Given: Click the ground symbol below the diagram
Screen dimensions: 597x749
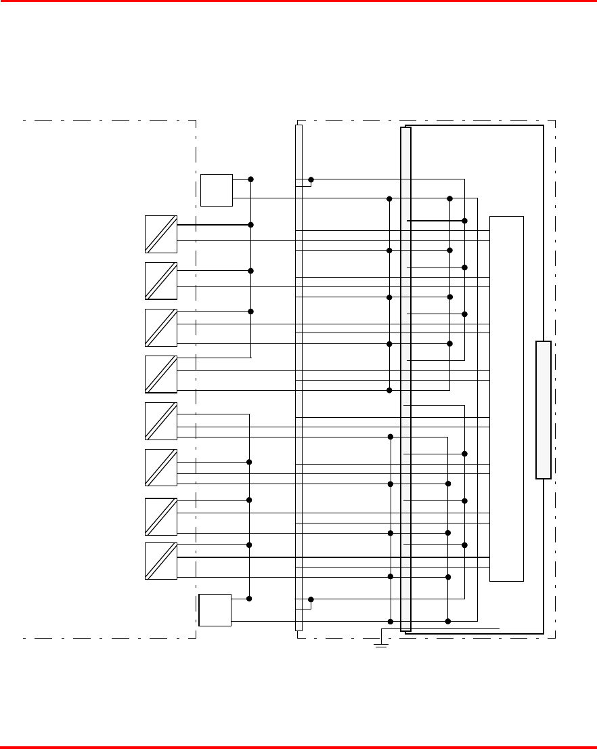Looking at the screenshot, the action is click(381, 645).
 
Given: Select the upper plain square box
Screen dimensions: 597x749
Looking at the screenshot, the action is click(217, 190).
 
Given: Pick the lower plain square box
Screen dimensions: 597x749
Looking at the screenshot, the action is click(215, 609).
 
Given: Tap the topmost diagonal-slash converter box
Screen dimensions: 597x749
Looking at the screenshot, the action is click(161, 234).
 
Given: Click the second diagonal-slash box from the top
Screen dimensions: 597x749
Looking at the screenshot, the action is click(161, 280).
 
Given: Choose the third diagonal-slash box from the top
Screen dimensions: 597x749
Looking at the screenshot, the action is click(161, 327).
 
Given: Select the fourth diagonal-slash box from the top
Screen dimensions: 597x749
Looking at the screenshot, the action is click(161, 374).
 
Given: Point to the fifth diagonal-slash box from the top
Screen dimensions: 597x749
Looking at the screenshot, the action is click(161, 421).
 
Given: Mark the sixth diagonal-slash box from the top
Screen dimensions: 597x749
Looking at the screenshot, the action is click(161, 467).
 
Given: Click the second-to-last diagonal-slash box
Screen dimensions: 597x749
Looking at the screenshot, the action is click(161, 516).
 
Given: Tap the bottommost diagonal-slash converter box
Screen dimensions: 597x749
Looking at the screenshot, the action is click(161, 561).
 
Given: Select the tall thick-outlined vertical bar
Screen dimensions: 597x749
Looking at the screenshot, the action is click(405, 379).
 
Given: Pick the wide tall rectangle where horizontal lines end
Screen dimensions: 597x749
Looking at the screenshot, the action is click(506, 398).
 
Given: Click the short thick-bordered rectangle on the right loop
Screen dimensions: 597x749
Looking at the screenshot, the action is click(543, 410).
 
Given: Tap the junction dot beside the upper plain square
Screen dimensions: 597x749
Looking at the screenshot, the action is click(251, 179).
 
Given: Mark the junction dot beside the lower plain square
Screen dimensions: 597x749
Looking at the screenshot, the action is click(249, 599).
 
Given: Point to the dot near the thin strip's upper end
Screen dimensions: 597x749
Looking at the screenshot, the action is click(311, 179).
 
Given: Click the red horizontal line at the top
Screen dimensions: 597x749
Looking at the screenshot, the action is click(298, 1).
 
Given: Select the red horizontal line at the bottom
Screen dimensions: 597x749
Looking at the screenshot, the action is click(298, 747).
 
